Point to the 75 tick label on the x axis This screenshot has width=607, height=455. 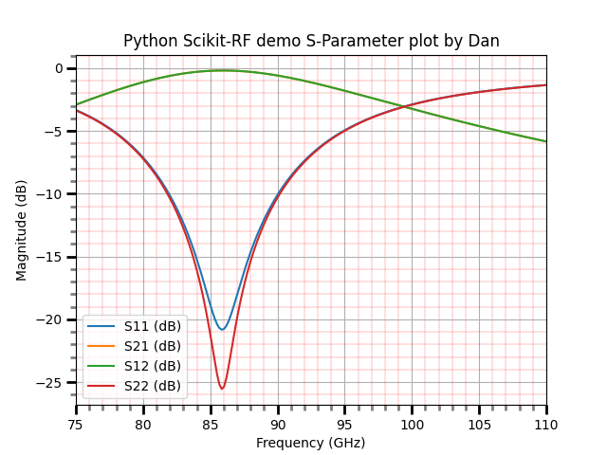(x=76, y=425)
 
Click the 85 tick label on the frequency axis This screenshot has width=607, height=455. (x=211, y=425)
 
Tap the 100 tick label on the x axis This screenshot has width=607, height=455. (x=412, y=425)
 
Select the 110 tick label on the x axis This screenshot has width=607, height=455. (x=546, y=425)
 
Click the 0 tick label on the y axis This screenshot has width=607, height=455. (x=59, y=69)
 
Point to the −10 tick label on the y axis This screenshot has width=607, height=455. (x=49, y=194)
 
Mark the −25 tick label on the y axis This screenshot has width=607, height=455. (x=49, y=383)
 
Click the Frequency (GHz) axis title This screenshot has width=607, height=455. (x=311, y=443)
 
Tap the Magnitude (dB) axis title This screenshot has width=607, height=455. (x=21, y=230)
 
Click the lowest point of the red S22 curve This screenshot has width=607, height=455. (x=222, y=389)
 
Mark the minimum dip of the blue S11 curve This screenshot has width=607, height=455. (x=222, y=330)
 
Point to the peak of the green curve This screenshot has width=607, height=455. (x=224, y=70)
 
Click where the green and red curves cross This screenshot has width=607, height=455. (x=404, y=106)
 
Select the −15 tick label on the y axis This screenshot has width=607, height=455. (x=49, y=257)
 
